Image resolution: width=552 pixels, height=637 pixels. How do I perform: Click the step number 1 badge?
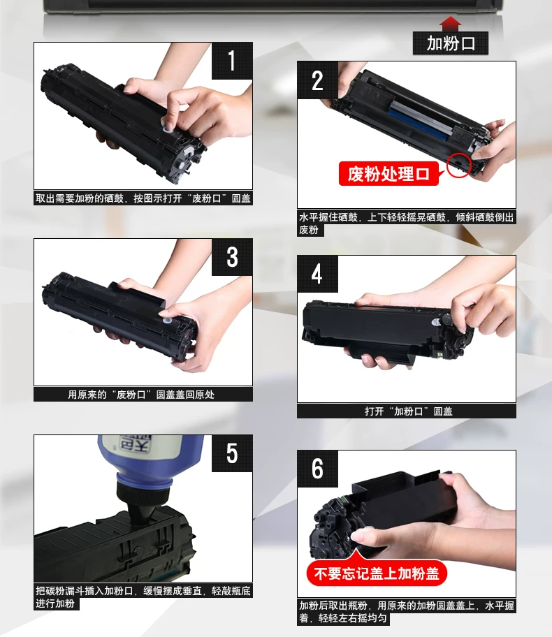232,61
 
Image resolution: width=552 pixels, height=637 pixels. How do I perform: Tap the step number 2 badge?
317,80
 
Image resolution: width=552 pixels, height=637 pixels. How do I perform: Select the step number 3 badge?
232,257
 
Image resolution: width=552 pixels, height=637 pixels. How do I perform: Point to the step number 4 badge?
317,274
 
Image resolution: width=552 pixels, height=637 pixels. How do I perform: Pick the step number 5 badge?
232,453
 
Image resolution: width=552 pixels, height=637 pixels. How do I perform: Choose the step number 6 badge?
317,469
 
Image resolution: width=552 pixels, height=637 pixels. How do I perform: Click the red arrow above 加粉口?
451,24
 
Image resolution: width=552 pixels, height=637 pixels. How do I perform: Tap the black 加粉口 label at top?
451,43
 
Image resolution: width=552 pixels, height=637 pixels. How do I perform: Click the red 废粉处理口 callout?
389,174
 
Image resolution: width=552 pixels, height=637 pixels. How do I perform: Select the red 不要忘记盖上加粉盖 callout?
377,573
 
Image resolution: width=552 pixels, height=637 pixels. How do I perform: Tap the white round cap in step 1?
168,126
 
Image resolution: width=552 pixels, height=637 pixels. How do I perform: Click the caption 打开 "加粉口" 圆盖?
409,411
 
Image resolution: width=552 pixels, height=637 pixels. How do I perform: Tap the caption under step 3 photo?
141,395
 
